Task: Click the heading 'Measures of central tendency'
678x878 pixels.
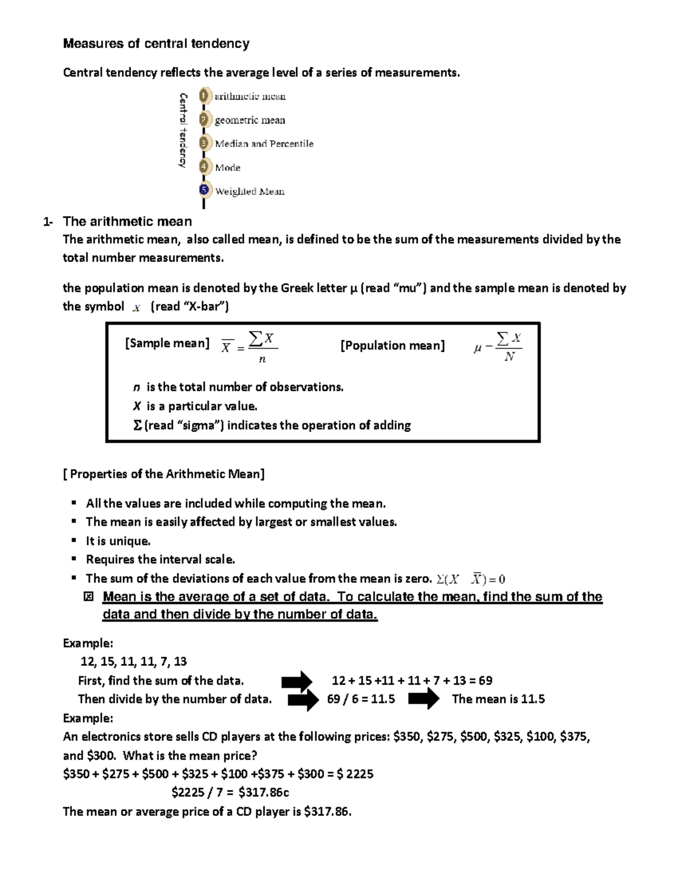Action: click(x=156, y=44)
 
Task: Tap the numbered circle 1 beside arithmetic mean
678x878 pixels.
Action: click(x=205, y=96)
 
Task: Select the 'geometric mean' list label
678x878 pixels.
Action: click(x=250, y=120)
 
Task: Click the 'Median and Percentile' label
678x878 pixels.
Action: click(x=264, y=144)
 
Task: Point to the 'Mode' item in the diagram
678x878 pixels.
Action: click(x=228, y=168)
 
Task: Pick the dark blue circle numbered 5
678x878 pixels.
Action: click(x=205, y=191)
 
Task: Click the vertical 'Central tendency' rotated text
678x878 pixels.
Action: click(x=182, y=130)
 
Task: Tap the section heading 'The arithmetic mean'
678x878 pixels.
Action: click(x=127, y=221)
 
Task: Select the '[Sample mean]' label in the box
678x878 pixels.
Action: click(x=167, y=343)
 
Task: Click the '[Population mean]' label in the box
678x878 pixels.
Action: click(x=392, y=345)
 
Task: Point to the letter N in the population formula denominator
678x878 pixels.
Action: click(x=510, y=357)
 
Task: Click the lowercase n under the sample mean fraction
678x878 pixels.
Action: click(x=262, y=359)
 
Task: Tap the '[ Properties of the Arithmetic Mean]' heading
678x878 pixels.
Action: click(x=164, y=474)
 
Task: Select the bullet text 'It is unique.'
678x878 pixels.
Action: click(x=118, y=541)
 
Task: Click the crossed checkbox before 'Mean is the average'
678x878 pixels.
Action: click(x=88, y=597)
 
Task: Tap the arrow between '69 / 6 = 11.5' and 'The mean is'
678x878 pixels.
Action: click(x=423, y=699)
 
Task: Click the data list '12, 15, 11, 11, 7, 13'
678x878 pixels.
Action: click(x=134, y=661)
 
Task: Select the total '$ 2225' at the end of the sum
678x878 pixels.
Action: click(x=355, y=774)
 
